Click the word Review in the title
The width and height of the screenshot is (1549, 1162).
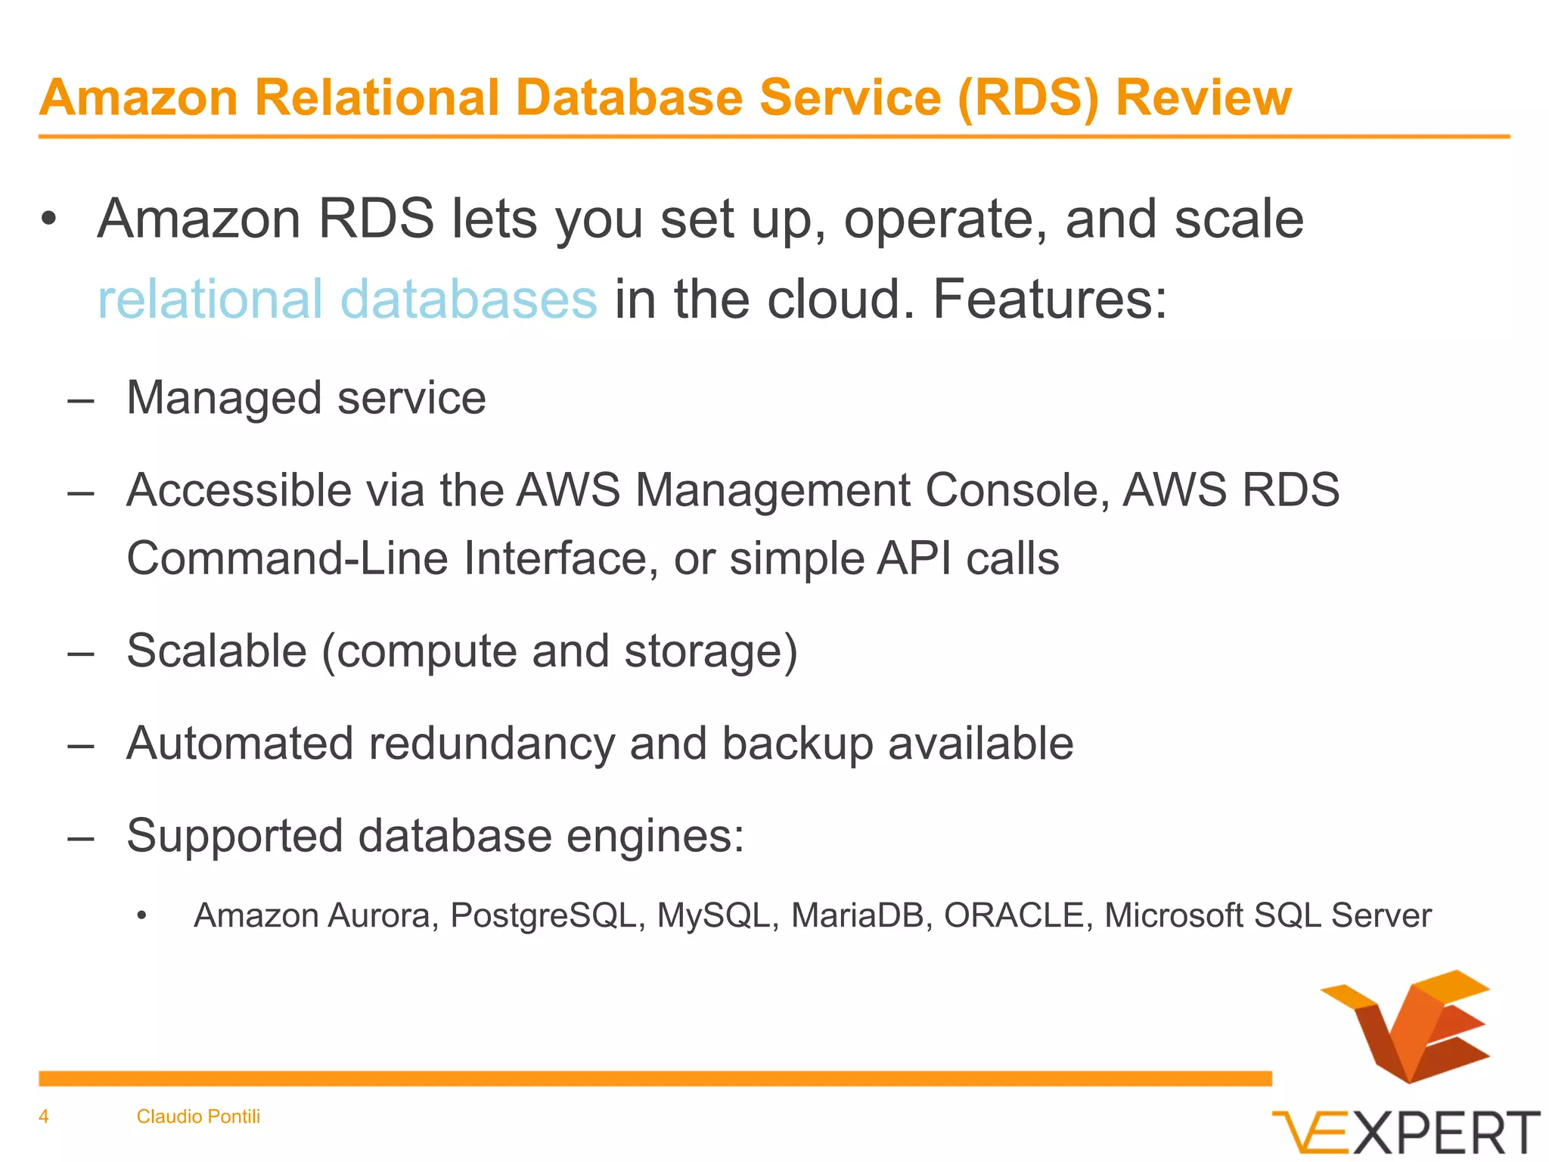(1203, 98)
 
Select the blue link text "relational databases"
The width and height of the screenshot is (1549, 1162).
(347, 299)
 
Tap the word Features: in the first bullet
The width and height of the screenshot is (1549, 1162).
(1050, 299)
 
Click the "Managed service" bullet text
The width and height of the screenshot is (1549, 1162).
(306, 398)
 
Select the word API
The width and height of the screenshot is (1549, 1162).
(914, 558)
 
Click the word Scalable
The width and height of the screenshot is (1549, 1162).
(216, 651)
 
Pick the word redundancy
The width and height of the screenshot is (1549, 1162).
(492, 743)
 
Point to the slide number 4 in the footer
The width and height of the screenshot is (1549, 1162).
(44, 1117)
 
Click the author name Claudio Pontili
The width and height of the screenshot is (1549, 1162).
(198, 1117)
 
